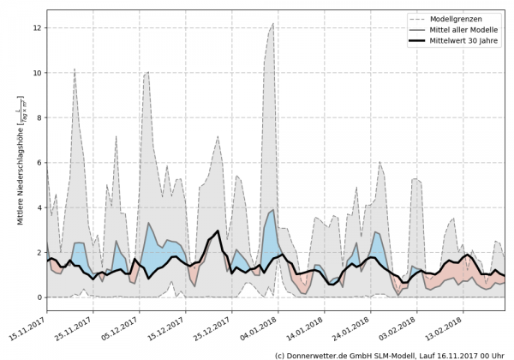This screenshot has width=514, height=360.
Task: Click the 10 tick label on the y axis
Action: click(37, 73)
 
